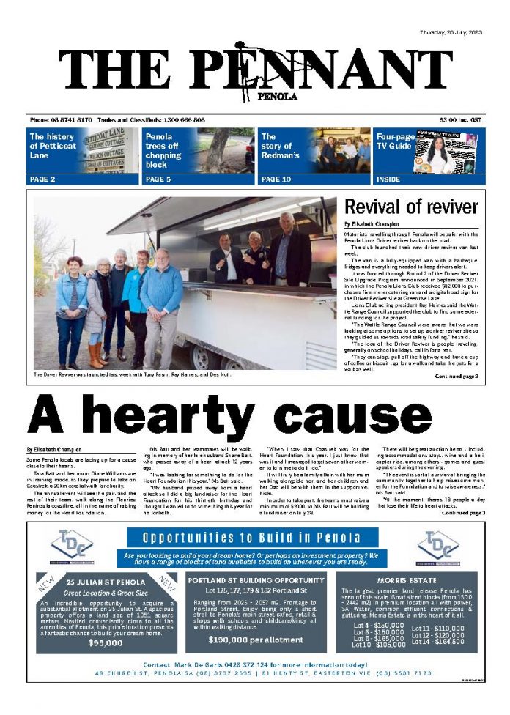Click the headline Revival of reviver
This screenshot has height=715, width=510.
(410, 207)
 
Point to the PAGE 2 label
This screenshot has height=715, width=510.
(42, 179)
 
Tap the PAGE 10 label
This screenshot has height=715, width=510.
(276, 179)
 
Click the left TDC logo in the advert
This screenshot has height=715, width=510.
(73, 546)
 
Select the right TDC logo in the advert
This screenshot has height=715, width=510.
(437, 546)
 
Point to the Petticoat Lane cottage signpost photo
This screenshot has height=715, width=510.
(110, 150)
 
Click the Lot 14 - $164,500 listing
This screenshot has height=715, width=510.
(437, 642)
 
